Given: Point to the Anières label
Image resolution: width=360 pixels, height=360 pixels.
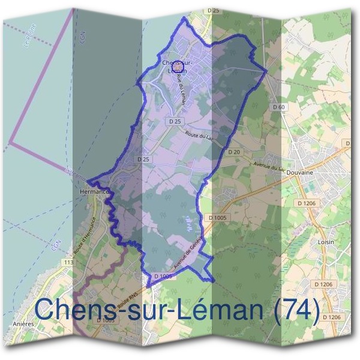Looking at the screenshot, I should coord(21,323).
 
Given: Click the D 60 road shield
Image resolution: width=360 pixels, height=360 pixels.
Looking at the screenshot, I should coord(278,107).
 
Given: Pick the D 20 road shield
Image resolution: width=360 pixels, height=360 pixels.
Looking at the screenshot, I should coord(234,152).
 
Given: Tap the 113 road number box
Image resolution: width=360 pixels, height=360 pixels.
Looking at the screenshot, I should coord(68,262).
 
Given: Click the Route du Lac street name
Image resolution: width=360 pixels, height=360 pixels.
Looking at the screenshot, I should coord(200,136).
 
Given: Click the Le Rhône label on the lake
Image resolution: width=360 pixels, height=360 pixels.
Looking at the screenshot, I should coord(28,39).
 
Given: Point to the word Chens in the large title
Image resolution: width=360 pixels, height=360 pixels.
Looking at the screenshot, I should coord(71,310).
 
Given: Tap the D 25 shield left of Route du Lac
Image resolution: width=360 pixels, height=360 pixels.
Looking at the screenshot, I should coord(175,121).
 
